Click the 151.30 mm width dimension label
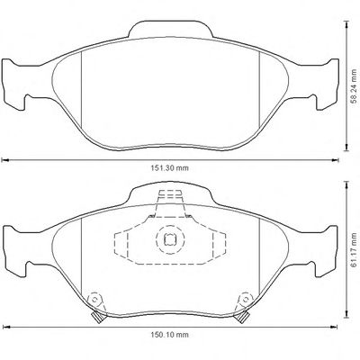click(170, 168)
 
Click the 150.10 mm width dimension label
click(170, 335)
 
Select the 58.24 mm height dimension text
click(355, 86)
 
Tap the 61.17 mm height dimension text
click(355, 250)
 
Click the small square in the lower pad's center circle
click(170, 239)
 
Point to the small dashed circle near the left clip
click(95, 300)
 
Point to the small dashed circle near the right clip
click(245, 300)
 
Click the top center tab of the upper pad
click(171, 29)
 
